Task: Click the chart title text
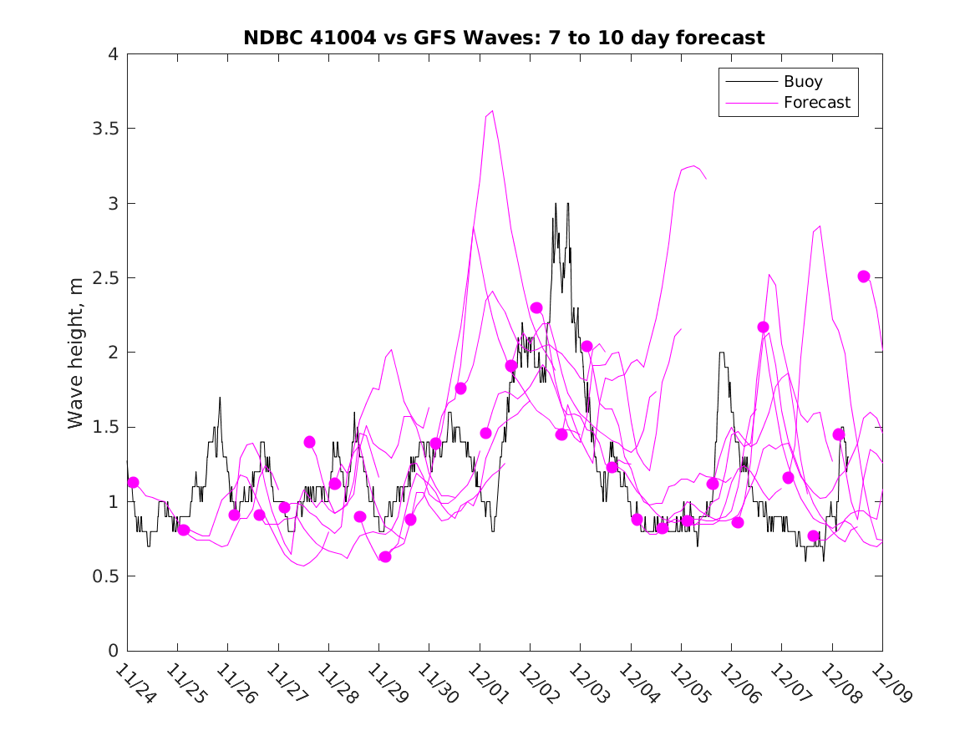[x=504, y=38]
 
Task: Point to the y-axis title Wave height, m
[x=76, y=353]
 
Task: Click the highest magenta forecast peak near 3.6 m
[x=492, y=110]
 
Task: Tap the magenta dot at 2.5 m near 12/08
[x=864, y=277]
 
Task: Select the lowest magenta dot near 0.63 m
[x=385, y=556]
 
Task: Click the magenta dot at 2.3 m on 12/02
[x=536, y=308]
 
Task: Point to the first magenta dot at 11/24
[x=133, y=482]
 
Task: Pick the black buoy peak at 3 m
[x=556, y=203]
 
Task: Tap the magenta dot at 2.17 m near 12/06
[x=763, y=327]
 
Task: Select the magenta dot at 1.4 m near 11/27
[x=309, y=442]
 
